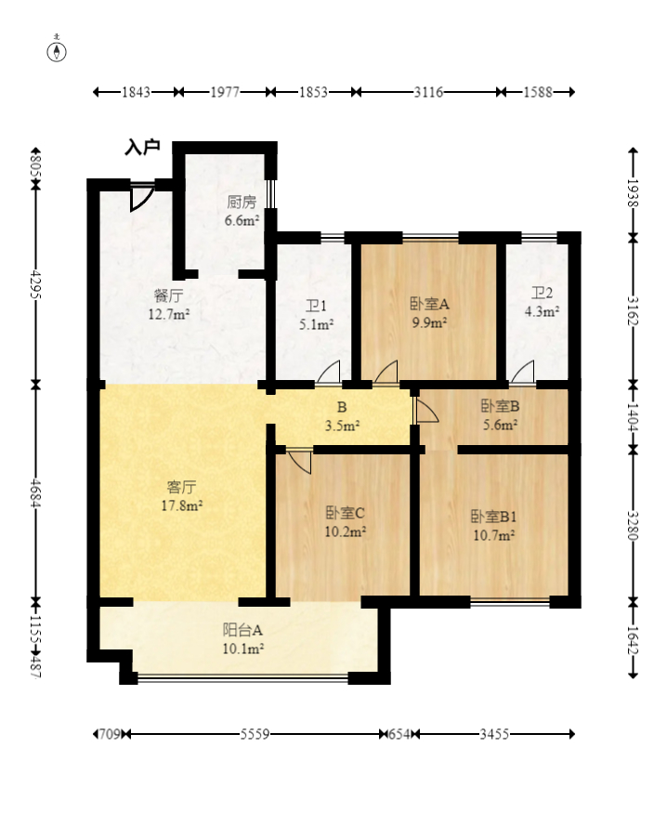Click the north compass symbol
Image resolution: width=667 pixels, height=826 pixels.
click(x=57, y=51)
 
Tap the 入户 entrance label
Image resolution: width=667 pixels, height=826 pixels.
click(x=142, y=147)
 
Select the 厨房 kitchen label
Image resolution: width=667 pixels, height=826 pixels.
click(x=242, y=202)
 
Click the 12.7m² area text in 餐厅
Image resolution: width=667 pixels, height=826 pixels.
click(x=168, y=315)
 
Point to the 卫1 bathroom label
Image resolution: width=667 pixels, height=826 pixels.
click(x=316, y=306)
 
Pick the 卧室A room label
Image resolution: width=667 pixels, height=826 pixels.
click(x=429, y=304)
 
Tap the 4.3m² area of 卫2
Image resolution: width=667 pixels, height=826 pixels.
click(x=542, y=311)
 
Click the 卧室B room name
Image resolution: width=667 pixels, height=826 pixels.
click(x=500, y=406)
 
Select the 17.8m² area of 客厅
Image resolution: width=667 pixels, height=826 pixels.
click(x=182, y=505)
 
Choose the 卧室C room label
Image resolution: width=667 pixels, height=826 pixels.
click(x=345, y=513)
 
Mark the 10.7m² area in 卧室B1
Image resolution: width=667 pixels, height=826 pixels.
click(x=493, y=536)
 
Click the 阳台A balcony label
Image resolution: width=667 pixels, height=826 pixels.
click(x=242, y=630)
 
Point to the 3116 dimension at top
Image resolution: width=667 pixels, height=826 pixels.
click(x=428, y=92)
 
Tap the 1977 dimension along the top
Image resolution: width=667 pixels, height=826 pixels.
click(x=225, y=92)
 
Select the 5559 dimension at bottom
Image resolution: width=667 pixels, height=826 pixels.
click(x=255, y=734)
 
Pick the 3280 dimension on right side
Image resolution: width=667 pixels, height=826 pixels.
click(x=633, y=525)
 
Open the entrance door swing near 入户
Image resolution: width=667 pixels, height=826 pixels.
click(x=141, y=198)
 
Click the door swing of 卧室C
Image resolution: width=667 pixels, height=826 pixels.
click(x=299, y=462)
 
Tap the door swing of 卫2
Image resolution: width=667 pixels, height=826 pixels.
click(x=523, y=372)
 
